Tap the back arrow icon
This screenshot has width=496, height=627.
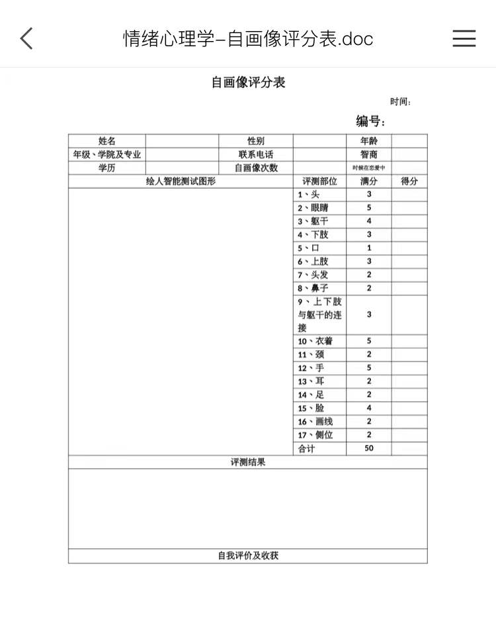tap(26, 38)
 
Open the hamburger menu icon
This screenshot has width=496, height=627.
tap(464, 38)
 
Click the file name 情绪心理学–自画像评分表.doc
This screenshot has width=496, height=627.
tap(248, 38)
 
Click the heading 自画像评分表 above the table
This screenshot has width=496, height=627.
tap(248, 83)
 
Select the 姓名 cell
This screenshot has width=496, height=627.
tap(107, 141)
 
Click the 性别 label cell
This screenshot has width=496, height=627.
tap(256, 141)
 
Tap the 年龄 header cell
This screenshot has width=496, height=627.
tap(369, 141)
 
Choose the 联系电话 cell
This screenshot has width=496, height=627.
tap(256, 154)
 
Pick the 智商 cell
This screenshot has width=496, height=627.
tap(369, 154)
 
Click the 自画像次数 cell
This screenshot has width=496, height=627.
tap(256, 168)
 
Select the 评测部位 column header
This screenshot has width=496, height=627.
tap(320, 181)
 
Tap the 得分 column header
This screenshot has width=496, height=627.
tap(409, 181)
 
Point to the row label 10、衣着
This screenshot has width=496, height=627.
tap(315, 341)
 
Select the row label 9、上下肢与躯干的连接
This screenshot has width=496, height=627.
tap(320, 314)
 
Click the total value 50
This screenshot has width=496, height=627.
tap(369, 448)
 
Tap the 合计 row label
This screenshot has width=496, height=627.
tap(307, 448)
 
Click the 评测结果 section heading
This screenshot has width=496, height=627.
tap(248, 462)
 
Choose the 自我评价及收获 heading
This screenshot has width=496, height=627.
tap(248, 555)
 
